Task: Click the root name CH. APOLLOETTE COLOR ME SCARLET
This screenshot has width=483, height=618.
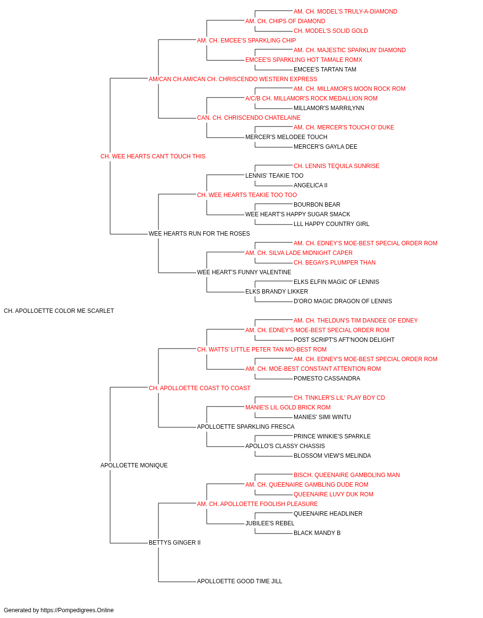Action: click(59, 311)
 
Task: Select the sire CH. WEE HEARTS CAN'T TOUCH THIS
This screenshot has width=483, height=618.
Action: click(153, 156)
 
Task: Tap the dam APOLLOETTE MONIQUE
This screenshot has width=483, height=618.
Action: click(134, 465)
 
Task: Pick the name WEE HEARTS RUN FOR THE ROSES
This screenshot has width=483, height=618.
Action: click(199, 234)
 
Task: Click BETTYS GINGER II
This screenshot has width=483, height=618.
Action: click(175, 543)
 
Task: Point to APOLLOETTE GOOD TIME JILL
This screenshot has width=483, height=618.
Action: click(240, 581)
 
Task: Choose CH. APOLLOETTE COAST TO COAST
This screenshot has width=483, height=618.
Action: click(199, 388)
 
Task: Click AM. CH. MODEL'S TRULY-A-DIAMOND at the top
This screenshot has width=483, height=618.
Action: click(345, 12)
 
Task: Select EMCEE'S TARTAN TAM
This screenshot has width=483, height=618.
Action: click(325, 70)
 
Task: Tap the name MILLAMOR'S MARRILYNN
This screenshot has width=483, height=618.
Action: click(329, 108)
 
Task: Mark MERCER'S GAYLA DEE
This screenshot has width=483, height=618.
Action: click(326, 147)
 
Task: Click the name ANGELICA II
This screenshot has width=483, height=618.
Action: click(311, 185)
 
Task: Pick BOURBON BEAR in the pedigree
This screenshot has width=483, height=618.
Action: click(317, 205)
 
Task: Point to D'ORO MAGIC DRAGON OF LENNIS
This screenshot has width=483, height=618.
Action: click(343, 301)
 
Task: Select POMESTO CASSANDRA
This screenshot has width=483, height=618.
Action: click(327, 379)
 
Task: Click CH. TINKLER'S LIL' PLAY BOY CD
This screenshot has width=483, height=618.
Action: click(340, 398)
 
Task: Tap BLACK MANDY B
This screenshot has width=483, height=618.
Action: click(317, 533)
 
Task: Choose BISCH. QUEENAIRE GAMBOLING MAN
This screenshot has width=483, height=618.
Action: click(347, 475)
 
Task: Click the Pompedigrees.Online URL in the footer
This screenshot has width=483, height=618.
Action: click(77, 610)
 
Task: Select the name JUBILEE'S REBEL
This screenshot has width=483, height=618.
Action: click(270, 523)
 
